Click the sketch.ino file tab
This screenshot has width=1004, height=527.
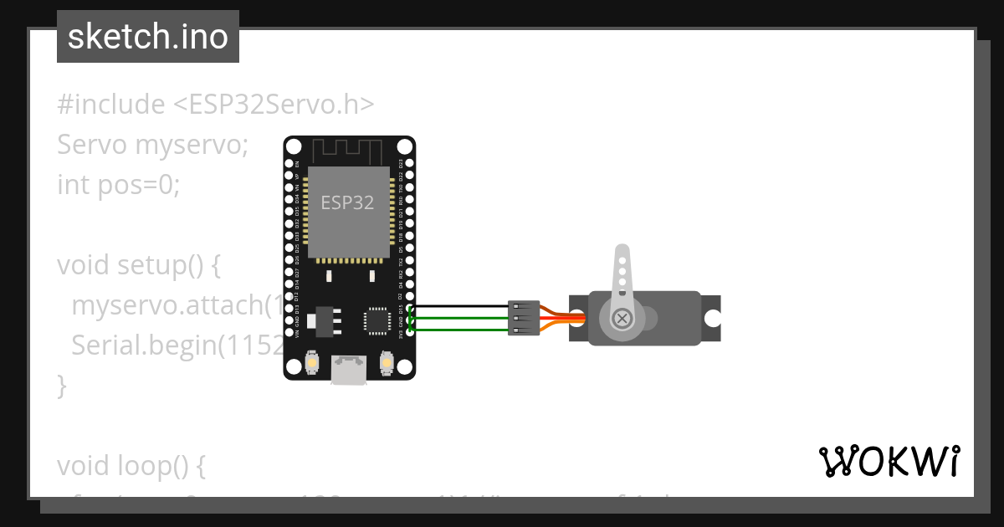coord(148,37)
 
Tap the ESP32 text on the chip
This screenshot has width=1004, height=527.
coord(348,202)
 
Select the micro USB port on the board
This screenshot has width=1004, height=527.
coord(349,370)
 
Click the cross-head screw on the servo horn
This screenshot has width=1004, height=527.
coord(622,318)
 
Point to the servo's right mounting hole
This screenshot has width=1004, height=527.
coord(712,318)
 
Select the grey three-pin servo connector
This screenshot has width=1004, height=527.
coord(524,318)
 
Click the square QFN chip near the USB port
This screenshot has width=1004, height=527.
coord(376,320)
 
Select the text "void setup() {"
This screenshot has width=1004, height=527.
coord(139,265)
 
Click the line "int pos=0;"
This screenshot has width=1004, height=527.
coord(119,184)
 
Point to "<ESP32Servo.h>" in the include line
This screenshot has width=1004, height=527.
coord(274,105)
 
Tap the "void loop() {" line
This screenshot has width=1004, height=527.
coord(131,466)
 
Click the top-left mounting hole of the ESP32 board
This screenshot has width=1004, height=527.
coord(294,146)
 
